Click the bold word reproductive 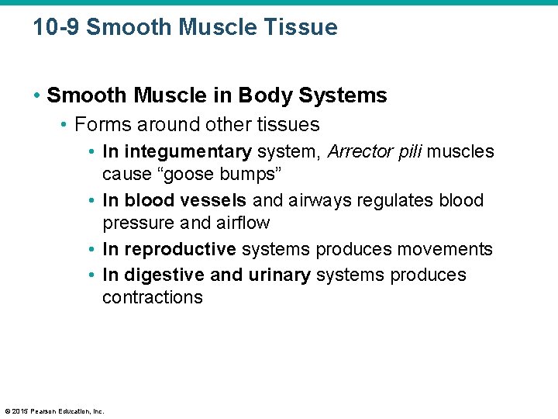click(x=180, y=249)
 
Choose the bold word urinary click(x=280, y=275)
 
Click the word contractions click(x=153, y=298)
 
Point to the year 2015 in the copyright click(x=20, y=411)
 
